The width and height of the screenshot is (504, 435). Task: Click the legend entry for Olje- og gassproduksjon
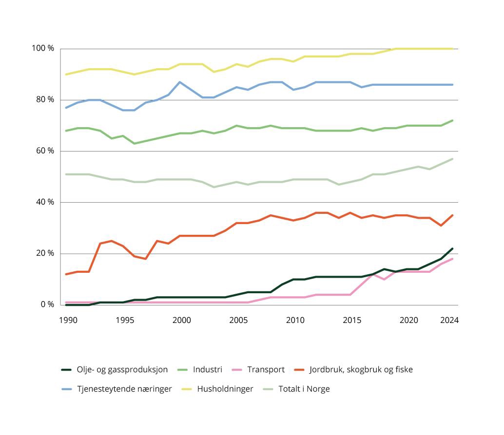(x=122, y=370)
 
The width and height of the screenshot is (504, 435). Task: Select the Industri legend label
(x=207, y=370)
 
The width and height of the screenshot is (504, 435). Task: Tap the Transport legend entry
(x=266, y=370)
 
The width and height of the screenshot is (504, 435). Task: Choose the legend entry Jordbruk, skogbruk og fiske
(x=361, y=370)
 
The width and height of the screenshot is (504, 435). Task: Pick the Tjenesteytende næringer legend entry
(x=124, y=389)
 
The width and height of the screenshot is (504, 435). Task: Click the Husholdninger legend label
(x=225, y=389)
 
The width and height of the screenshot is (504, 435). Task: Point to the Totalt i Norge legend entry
(x=304, y=389)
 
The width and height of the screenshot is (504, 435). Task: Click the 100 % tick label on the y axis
(x=43, y=48)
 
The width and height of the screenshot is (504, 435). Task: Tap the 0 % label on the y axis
(x=47, y=304)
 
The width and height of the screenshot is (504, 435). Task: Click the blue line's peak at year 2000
(x=180, y=82)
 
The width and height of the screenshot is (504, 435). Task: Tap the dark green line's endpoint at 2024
(x=452, y=248)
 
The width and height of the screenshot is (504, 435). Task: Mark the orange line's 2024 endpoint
(x=452, y=215)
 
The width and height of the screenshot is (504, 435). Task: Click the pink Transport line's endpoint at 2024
(x=452, y=259)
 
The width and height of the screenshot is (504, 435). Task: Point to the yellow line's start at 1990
(x=66, y=75)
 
